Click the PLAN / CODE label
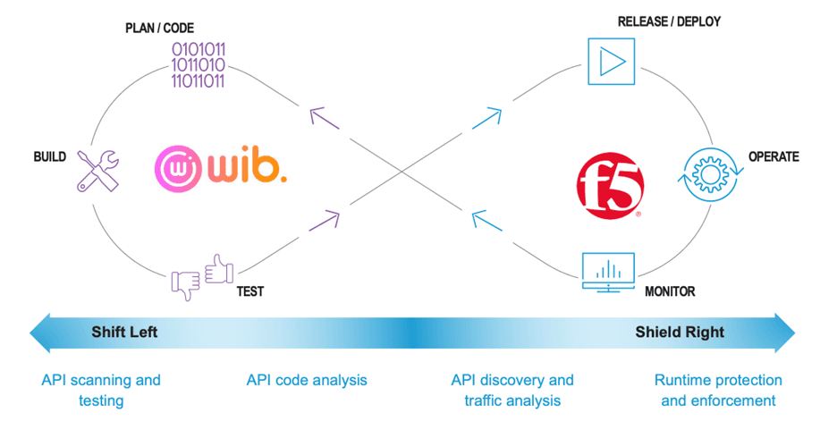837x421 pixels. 159,29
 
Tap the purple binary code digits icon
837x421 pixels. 199,64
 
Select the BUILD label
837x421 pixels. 50,156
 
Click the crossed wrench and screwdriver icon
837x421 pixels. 97,169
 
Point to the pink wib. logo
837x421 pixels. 220,167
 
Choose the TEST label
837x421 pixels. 250,290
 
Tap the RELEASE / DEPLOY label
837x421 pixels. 669,21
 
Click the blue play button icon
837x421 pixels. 610,62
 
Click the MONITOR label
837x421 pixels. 670,291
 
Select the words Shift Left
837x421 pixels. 124,333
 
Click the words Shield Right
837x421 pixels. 680,333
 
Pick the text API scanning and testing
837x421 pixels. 101,391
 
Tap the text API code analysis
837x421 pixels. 307,381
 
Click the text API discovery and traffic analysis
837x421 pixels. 512,391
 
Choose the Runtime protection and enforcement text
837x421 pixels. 718,391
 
